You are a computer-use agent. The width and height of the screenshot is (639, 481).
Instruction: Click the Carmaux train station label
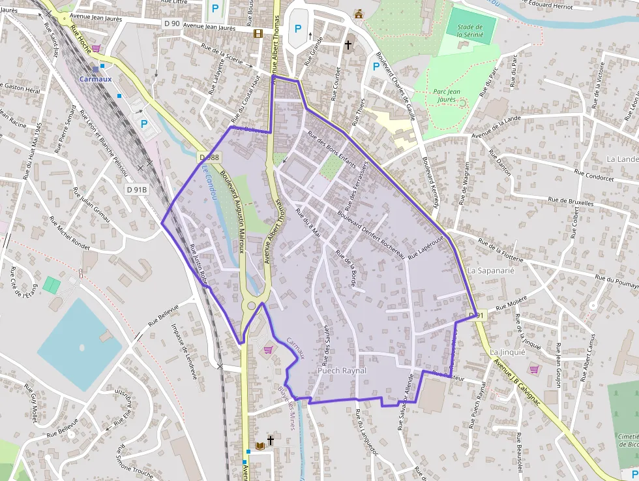click(95, 79)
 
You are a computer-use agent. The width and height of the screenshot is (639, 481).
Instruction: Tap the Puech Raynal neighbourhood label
click(342, 371)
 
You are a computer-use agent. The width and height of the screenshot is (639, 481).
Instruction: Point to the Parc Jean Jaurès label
click(447, 95)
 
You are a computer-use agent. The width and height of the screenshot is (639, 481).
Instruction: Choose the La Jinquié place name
click(507, 352)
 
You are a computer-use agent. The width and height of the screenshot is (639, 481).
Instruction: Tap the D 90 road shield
click(171, 23)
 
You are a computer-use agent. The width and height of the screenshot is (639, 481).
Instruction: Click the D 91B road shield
click(137, 189)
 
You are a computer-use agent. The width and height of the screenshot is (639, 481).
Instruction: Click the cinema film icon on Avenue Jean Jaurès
click(258, 33)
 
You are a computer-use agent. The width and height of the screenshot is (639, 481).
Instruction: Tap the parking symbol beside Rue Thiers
click(376, 66)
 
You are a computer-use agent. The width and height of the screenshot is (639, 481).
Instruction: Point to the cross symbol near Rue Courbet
click(348, 45)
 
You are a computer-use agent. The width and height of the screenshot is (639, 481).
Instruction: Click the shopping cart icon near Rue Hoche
click(97, 48)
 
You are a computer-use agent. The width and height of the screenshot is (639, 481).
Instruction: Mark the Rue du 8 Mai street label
click(308, 222)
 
